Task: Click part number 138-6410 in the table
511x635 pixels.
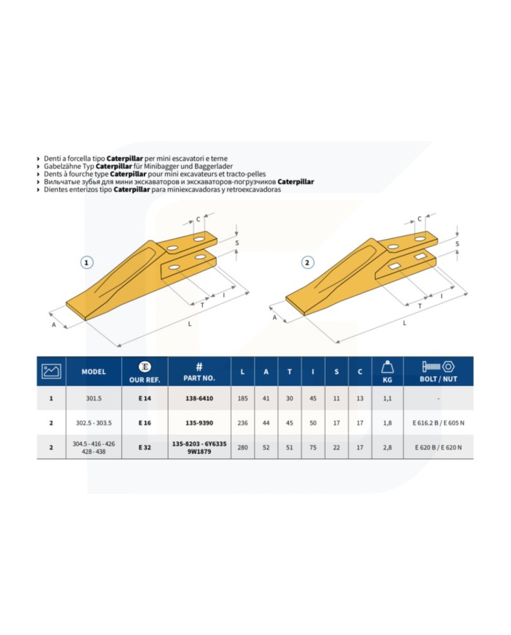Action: [x=199, y=399]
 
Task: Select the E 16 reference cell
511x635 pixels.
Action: [x=144, y=422]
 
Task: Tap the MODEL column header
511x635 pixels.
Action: [x=94, y=371]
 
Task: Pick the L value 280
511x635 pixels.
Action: [x=242, y=446]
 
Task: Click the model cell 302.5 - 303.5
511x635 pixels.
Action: [x=94, y=422]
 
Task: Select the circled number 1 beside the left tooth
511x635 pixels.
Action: [x=88, y=262]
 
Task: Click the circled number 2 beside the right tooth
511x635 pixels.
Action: [x=307, y=262]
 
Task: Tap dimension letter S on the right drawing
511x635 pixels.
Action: [x=456, y=243]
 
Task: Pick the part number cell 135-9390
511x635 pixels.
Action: [x=199, y=422]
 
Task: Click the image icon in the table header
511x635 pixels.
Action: [x=51, y=371]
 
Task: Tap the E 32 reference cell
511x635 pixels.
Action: [x=144, y=446]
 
